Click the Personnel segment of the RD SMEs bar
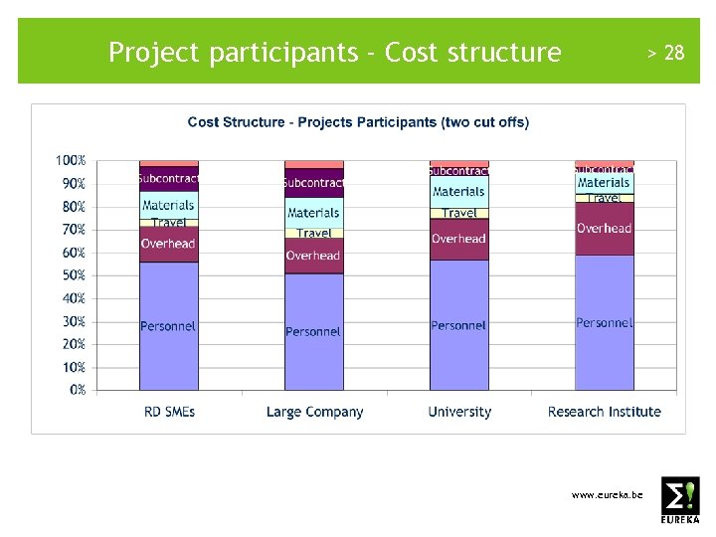coord(168,326)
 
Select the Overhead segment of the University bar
coord(458,239)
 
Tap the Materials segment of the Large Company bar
coord(313,212)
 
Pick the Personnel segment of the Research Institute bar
coord(604,322)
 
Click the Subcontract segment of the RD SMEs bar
coord(168,179)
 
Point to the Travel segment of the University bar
coord(458,213)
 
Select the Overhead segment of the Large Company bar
coord(313,256)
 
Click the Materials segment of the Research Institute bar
coord(604,183)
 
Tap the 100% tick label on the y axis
coord(71,160)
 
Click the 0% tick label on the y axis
coord(78,390)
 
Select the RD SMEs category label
coord(169,412)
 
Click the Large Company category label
coord(314,412)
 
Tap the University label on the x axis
coord(459,412)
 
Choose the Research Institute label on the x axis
coord(604,412)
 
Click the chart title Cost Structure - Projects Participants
coord(358,122)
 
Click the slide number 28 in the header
coord(673,53)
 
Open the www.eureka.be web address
coord(607,494)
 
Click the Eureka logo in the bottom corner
coord(680,499)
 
